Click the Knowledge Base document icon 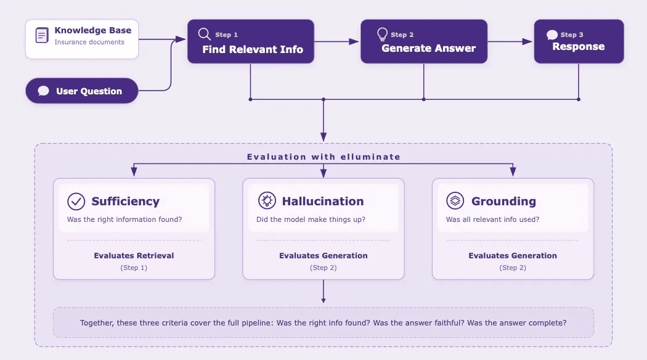42,36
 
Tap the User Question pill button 81,91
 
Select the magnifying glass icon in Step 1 204,34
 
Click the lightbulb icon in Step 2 383,34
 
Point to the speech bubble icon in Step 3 552,35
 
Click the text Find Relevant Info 253,49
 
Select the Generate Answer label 428,48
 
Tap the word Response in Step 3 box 578,47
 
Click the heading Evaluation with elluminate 323,157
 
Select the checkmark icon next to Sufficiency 76,201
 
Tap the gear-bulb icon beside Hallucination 266,201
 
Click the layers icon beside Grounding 455,201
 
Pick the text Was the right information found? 124,219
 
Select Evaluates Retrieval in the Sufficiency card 134,255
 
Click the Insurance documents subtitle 89,43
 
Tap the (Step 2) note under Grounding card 513,268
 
